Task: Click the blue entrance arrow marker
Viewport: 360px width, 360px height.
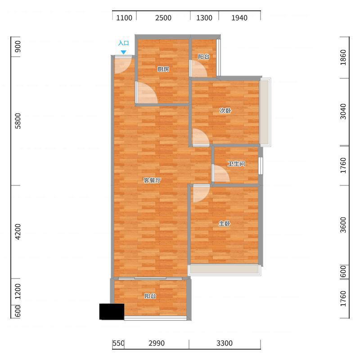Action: pos(123,52)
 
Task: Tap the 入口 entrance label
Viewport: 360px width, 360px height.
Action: pos(123,43)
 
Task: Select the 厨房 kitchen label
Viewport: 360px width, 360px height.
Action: pos(163,69)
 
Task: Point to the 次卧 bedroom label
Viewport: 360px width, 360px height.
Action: pos(225,111)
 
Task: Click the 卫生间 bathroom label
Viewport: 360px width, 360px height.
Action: pos(237,164)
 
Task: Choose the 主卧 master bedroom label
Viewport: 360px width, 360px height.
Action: pos(224,223)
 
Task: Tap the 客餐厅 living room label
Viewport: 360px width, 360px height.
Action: pos(152,180)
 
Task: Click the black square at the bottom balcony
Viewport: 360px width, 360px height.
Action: pos(112,311)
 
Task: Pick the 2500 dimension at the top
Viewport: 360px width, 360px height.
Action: pos(163,18)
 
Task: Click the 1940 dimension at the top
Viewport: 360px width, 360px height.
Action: pos(239,18)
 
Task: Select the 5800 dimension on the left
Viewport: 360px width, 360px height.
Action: pos(18,121)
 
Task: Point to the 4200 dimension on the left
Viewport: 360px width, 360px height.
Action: pos(18,232)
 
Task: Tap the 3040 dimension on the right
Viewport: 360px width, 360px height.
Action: pos(343,112)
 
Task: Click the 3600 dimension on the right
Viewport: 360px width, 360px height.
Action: pos(343,225)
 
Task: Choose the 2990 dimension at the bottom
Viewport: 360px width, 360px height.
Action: pos(157,343)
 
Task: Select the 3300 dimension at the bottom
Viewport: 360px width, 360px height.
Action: pos(225,343)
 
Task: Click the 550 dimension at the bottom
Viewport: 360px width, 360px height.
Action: pos(118,343)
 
